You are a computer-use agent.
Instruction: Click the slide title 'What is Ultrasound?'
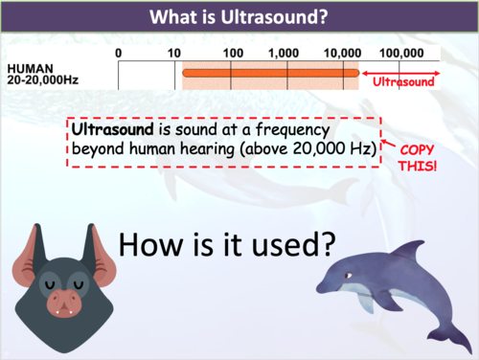click(x=239, y=16)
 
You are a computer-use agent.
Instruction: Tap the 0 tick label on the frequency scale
click(x=118, y=52)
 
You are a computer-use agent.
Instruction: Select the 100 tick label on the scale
click(x=232, y=52)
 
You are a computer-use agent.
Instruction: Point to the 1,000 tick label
click(x=285, y=52)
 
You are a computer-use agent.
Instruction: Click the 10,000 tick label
click(x=342, y=52)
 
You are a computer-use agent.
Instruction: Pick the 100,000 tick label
click(x=402, y=52)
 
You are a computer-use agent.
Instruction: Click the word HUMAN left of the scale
click(x=27, y=70)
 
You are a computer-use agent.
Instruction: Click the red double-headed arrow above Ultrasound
click(x=402, y=72)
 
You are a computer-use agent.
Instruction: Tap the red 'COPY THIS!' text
click(x=419, y=158)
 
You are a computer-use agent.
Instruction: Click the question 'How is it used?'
click(x=226, y=244)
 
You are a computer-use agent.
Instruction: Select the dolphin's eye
click(x=349, y=275)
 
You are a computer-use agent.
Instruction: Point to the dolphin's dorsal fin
click(x=408, y=250)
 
